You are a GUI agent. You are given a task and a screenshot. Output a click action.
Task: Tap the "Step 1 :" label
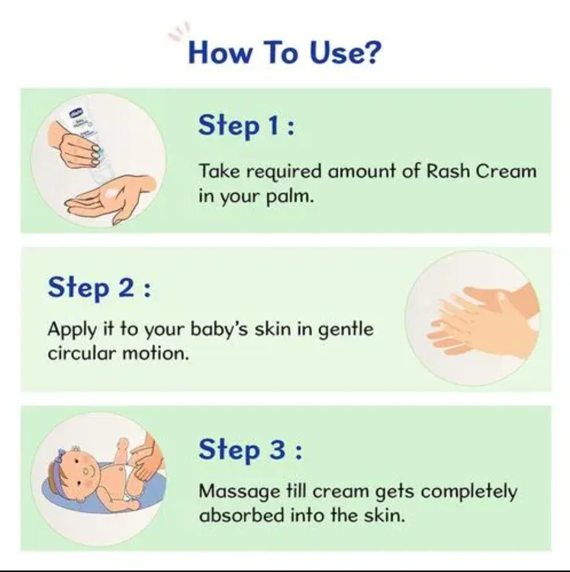click(246, 125)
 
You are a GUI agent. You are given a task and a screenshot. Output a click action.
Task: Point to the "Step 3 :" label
click(250, 449)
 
